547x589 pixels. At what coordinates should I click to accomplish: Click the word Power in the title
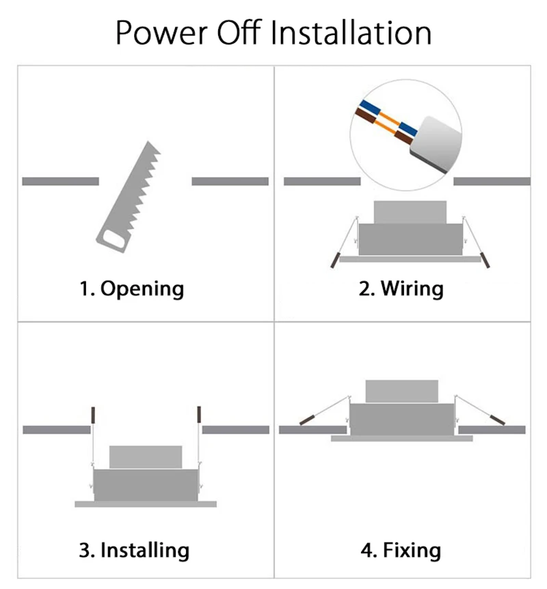point(161,33)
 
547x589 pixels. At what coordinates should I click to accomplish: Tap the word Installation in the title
point(351,33)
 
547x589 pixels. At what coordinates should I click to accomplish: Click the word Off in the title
point(239,33)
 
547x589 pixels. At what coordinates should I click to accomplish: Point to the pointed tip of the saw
point(149,142)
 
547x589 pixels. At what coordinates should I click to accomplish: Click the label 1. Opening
point(131,289)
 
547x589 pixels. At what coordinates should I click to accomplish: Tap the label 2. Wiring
point(401,289)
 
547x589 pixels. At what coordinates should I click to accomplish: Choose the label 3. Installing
point(134,550)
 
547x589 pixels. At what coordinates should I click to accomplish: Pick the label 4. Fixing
point(401,550)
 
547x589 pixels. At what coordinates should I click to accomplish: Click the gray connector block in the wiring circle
point(436,144)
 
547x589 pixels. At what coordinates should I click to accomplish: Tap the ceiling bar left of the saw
point(61,182)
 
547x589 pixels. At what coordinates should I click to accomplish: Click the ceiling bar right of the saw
point(230,182)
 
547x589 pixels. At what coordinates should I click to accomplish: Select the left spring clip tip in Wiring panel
point(334,260)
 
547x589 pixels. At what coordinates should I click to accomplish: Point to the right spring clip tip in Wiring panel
point(485,260)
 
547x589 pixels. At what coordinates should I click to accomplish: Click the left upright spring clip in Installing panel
point(93,414)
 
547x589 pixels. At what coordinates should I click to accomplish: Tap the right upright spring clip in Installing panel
point(199,414)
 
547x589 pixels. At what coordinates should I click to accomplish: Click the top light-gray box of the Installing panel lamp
point(146,457)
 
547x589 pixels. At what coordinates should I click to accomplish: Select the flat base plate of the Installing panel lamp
point(146,504)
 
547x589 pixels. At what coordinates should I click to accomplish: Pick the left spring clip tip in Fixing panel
point(307,420)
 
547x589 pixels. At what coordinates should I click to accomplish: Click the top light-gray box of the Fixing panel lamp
point(402,392)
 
